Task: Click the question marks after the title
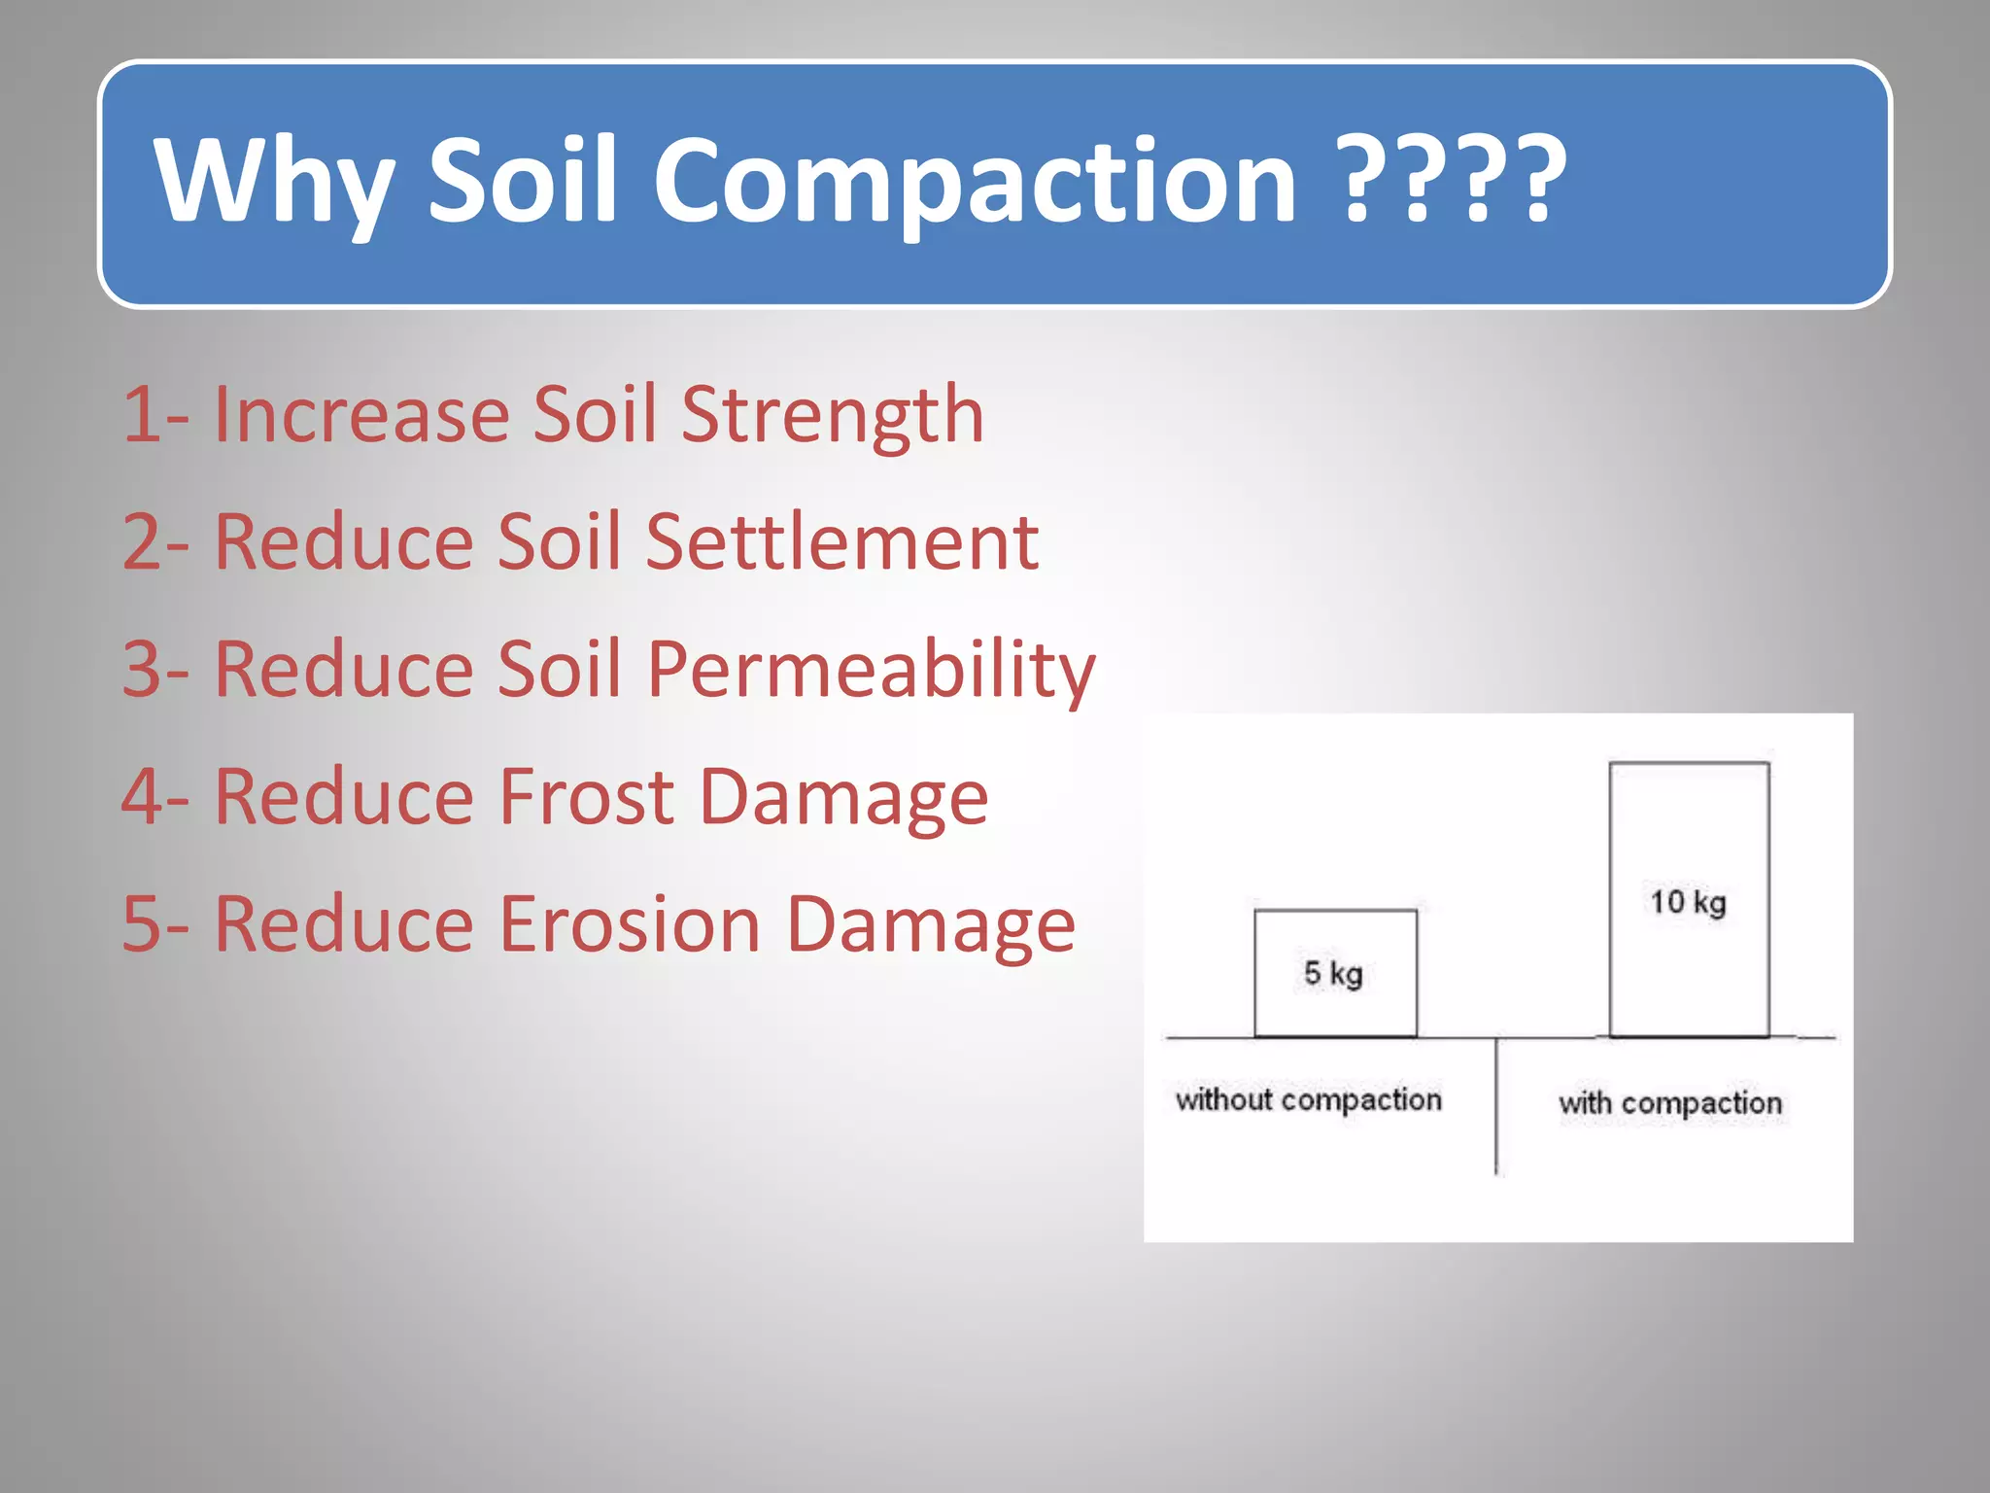1452,181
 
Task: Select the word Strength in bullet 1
833,416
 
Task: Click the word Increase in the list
360,416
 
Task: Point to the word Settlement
841,542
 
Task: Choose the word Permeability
871,671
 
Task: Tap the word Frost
586,797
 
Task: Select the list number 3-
155,671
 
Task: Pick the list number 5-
155,924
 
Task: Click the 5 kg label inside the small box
1333,973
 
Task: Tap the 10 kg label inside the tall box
1688,902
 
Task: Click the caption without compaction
1308,1100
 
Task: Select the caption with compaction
1670,1103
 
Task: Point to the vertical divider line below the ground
1495,1108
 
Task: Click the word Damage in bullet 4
842,797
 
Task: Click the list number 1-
155,416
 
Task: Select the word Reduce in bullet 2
343,542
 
